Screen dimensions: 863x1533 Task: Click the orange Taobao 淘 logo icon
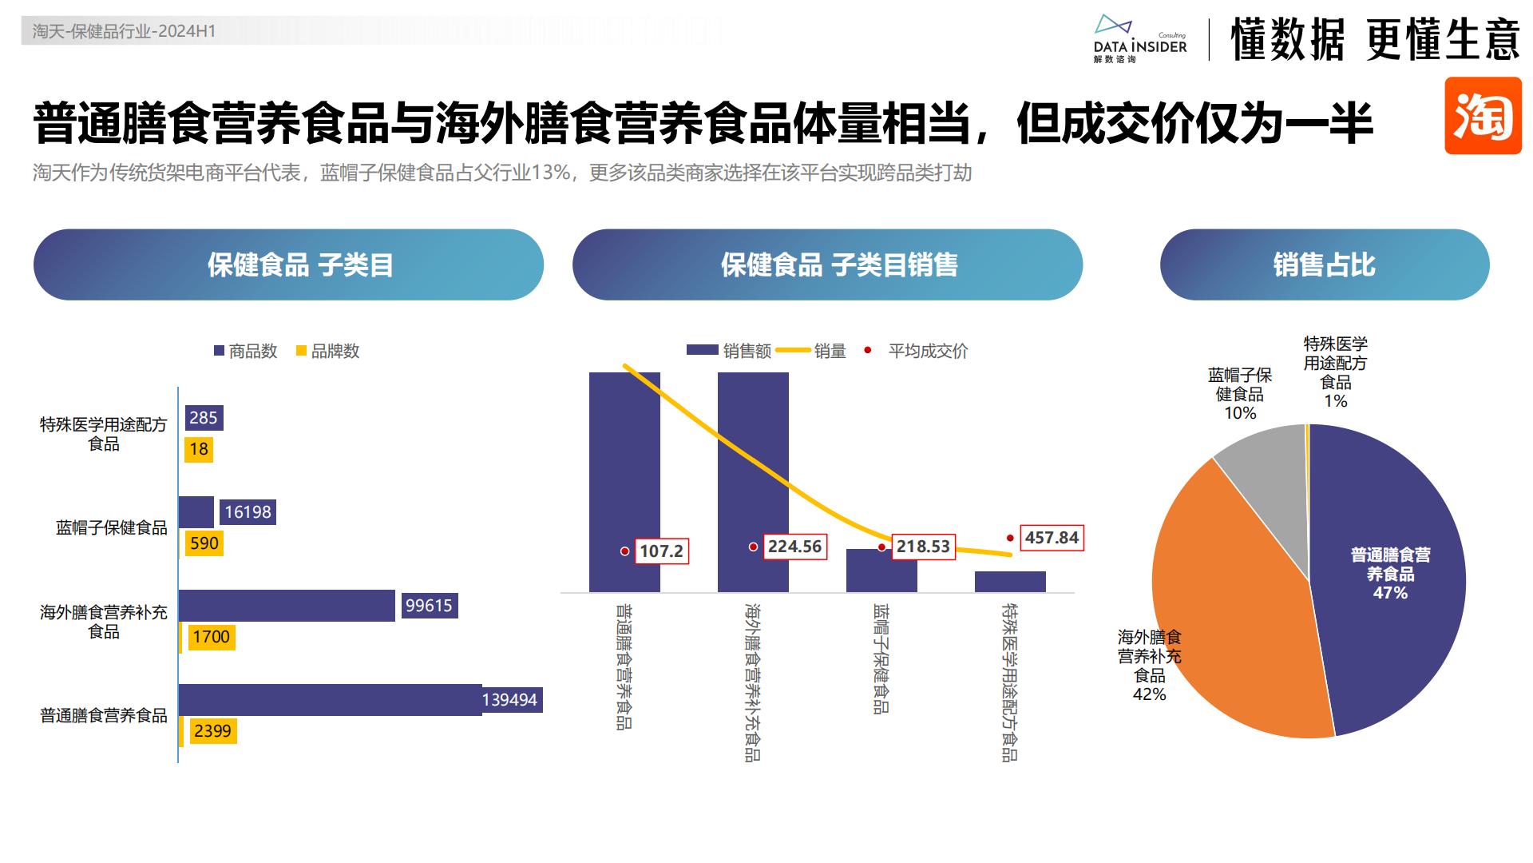(x=1483, y=116)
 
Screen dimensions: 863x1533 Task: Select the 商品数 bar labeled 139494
(x=330, y=699)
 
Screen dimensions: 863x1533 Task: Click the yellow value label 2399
(x=212, y=731)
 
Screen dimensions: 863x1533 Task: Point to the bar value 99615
(x=429, y=606)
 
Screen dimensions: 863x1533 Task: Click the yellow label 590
(x=204, y=543)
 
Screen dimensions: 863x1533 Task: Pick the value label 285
(x=204, y=418)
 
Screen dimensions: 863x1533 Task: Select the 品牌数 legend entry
(x=327, y=351)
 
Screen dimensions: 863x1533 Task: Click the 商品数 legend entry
(x=245, y=351)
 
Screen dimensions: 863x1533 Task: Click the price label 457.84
(x=1052, y=538)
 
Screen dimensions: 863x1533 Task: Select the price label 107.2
(x=661, y=551)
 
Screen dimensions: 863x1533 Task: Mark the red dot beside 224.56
(x=753, y=547)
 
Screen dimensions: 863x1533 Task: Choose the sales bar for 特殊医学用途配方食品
(x=1010, y=582)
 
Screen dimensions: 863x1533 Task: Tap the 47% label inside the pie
(x=1390, y=593)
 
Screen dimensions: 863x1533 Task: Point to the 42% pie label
(x=1149, y=694)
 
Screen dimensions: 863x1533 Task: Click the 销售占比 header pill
(x=1324, y=264)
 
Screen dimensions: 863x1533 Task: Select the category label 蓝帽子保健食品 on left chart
(x=112, y=527)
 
